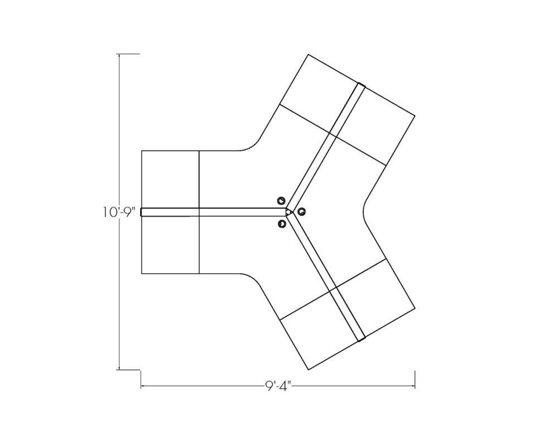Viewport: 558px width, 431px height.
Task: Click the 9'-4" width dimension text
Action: click(277, 385)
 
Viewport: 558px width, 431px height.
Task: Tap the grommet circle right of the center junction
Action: click(301, 211)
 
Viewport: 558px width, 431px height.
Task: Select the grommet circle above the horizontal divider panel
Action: click(281, 200)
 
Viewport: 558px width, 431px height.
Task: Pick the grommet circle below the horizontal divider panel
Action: click(281, 224)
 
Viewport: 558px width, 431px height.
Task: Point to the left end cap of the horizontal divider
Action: click(142, 212)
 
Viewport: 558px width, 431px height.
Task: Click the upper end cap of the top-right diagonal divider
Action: click(362, 85)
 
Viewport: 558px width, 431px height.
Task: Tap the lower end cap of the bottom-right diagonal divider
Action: click(362, 338)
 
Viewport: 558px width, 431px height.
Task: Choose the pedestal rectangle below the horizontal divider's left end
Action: click(170, 244)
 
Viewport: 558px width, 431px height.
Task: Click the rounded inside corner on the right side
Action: click(365, 212)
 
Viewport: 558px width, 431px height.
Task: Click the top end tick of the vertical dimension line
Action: click(119, 54)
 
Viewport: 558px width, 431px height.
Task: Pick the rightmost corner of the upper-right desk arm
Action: click(415, 115)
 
